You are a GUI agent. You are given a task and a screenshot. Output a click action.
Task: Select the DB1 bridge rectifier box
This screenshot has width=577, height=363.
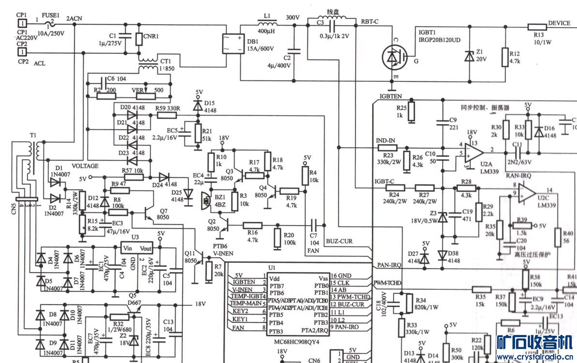coord(233,44)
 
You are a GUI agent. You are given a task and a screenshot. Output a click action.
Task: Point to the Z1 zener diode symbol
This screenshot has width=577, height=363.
coord(469,57)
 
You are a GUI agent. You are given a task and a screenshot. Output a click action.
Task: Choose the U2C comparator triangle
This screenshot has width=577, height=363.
coord(527,192)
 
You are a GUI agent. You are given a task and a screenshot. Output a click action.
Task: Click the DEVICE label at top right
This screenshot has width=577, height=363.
coord(559,23)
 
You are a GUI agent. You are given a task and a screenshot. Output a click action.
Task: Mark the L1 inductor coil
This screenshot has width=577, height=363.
coord(266,24)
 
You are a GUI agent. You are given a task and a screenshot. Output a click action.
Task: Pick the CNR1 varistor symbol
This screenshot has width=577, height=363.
coord(139,39)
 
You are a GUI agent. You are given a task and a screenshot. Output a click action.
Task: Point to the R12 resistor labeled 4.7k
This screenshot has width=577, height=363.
coord(504,57)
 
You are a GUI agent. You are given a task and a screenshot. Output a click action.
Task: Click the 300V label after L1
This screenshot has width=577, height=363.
coord(293,17)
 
